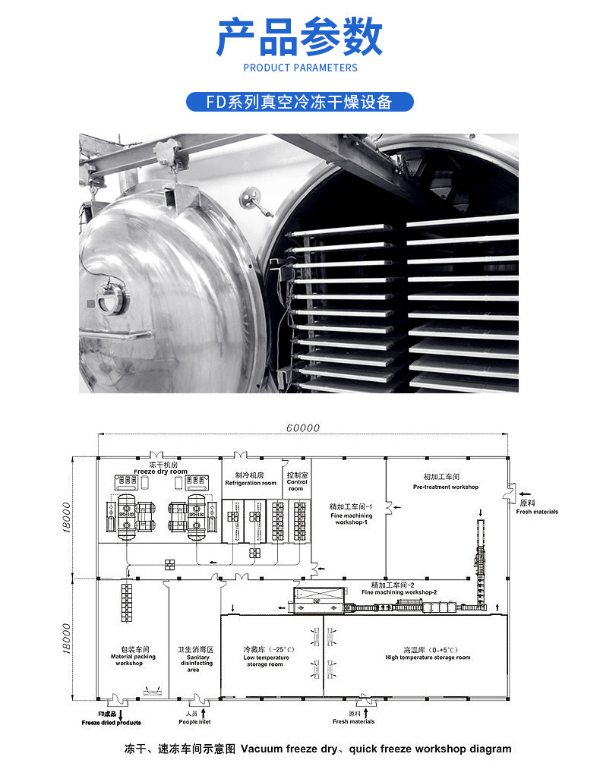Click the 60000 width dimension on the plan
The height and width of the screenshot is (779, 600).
[x=303, y=427]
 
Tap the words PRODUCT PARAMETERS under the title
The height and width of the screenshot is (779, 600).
[x=300, y=68]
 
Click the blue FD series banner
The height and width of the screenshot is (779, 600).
[x=300, y=102]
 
